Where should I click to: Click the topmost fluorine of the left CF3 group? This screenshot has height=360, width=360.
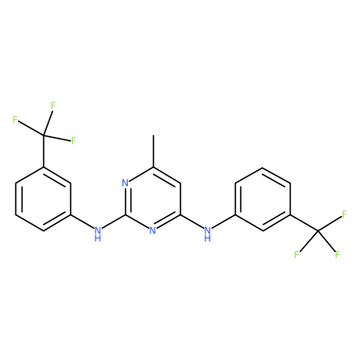tap(53, 105)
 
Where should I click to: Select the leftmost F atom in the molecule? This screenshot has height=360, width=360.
tap(15, 120)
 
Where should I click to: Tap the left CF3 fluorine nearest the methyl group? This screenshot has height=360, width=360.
tap(73, 140)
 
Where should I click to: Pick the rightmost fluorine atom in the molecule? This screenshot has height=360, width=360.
tap(345, 214)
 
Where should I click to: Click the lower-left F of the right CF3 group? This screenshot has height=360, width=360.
tap(296, 255)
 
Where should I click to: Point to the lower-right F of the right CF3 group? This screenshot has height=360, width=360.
tap(337, 255)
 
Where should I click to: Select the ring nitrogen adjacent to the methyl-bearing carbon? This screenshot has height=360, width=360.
tap(125, 183)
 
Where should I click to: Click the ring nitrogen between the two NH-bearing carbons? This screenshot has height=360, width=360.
tap(153, 230)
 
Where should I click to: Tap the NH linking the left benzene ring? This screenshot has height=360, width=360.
tap(96, 234)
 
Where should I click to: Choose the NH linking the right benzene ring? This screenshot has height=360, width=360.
tap(207, 234)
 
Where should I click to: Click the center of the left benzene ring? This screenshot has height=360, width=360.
tap(43, 199)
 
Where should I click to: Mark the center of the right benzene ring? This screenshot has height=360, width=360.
tap(263, 199)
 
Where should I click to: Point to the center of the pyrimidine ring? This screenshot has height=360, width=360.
tap(153, 199)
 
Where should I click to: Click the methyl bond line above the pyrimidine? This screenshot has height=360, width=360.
tap(153, 151)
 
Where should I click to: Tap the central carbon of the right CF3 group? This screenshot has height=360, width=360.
tap(318, 230)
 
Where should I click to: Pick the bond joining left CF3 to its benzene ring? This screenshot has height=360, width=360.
tap(44, 151)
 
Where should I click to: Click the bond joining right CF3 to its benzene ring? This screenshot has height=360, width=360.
tap(304, 222)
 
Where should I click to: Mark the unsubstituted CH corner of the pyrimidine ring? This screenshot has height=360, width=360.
tap(181, 183)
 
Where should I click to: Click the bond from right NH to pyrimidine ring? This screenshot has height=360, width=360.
tap(192, 221)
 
